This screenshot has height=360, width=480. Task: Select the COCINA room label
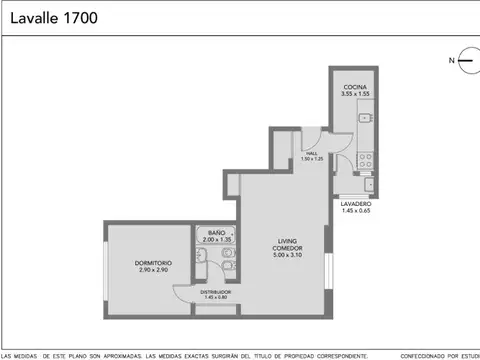pos(355,87)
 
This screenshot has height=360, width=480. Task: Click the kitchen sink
pos(368,119)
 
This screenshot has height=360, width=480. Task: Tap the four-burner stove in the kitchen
pos(368,157)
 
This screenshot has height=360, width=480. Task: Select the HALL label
pos(311,153)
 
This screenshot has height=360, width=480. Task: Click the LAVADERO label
pos(356,203)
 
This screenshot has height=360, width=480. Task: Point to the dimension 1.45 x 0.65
pos(356,211)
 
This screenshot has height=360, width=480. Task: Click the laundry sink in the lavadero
pos(369,183)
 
